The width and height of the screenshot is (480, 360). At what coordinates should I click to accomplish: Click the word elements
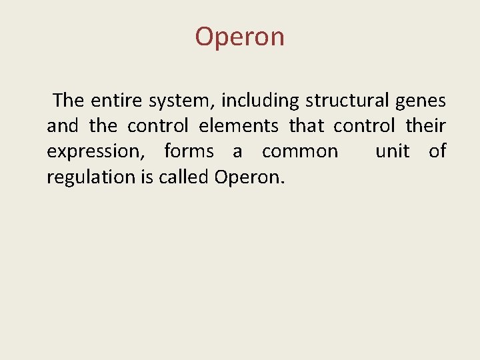pos(239,126)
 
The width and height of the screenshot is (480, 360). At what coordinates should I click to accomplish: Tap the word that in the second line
pos(306,126)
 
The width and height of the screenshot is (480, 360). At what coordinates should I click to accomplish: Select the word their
pos(425,126)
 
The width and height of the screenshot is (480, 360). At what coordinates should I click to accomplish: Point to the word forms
pos(189,151)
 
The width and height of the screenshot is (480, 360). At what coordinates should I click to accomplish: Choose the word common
pos(300,151)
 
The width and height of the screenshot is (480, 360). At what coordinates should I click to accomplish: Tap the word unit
pos(393,151)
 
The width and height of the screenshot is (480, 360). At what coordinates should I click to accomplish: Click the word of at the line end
pos(437,151)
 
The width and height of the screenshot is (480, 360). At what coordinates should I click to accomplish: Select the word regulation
pos(85,177)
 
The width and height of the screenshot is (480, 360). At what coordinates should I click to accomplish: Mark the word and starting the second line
pos(62,126)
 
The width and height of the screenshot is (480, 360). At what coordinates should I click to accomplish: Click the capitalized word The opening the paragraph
pos(69,101)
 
